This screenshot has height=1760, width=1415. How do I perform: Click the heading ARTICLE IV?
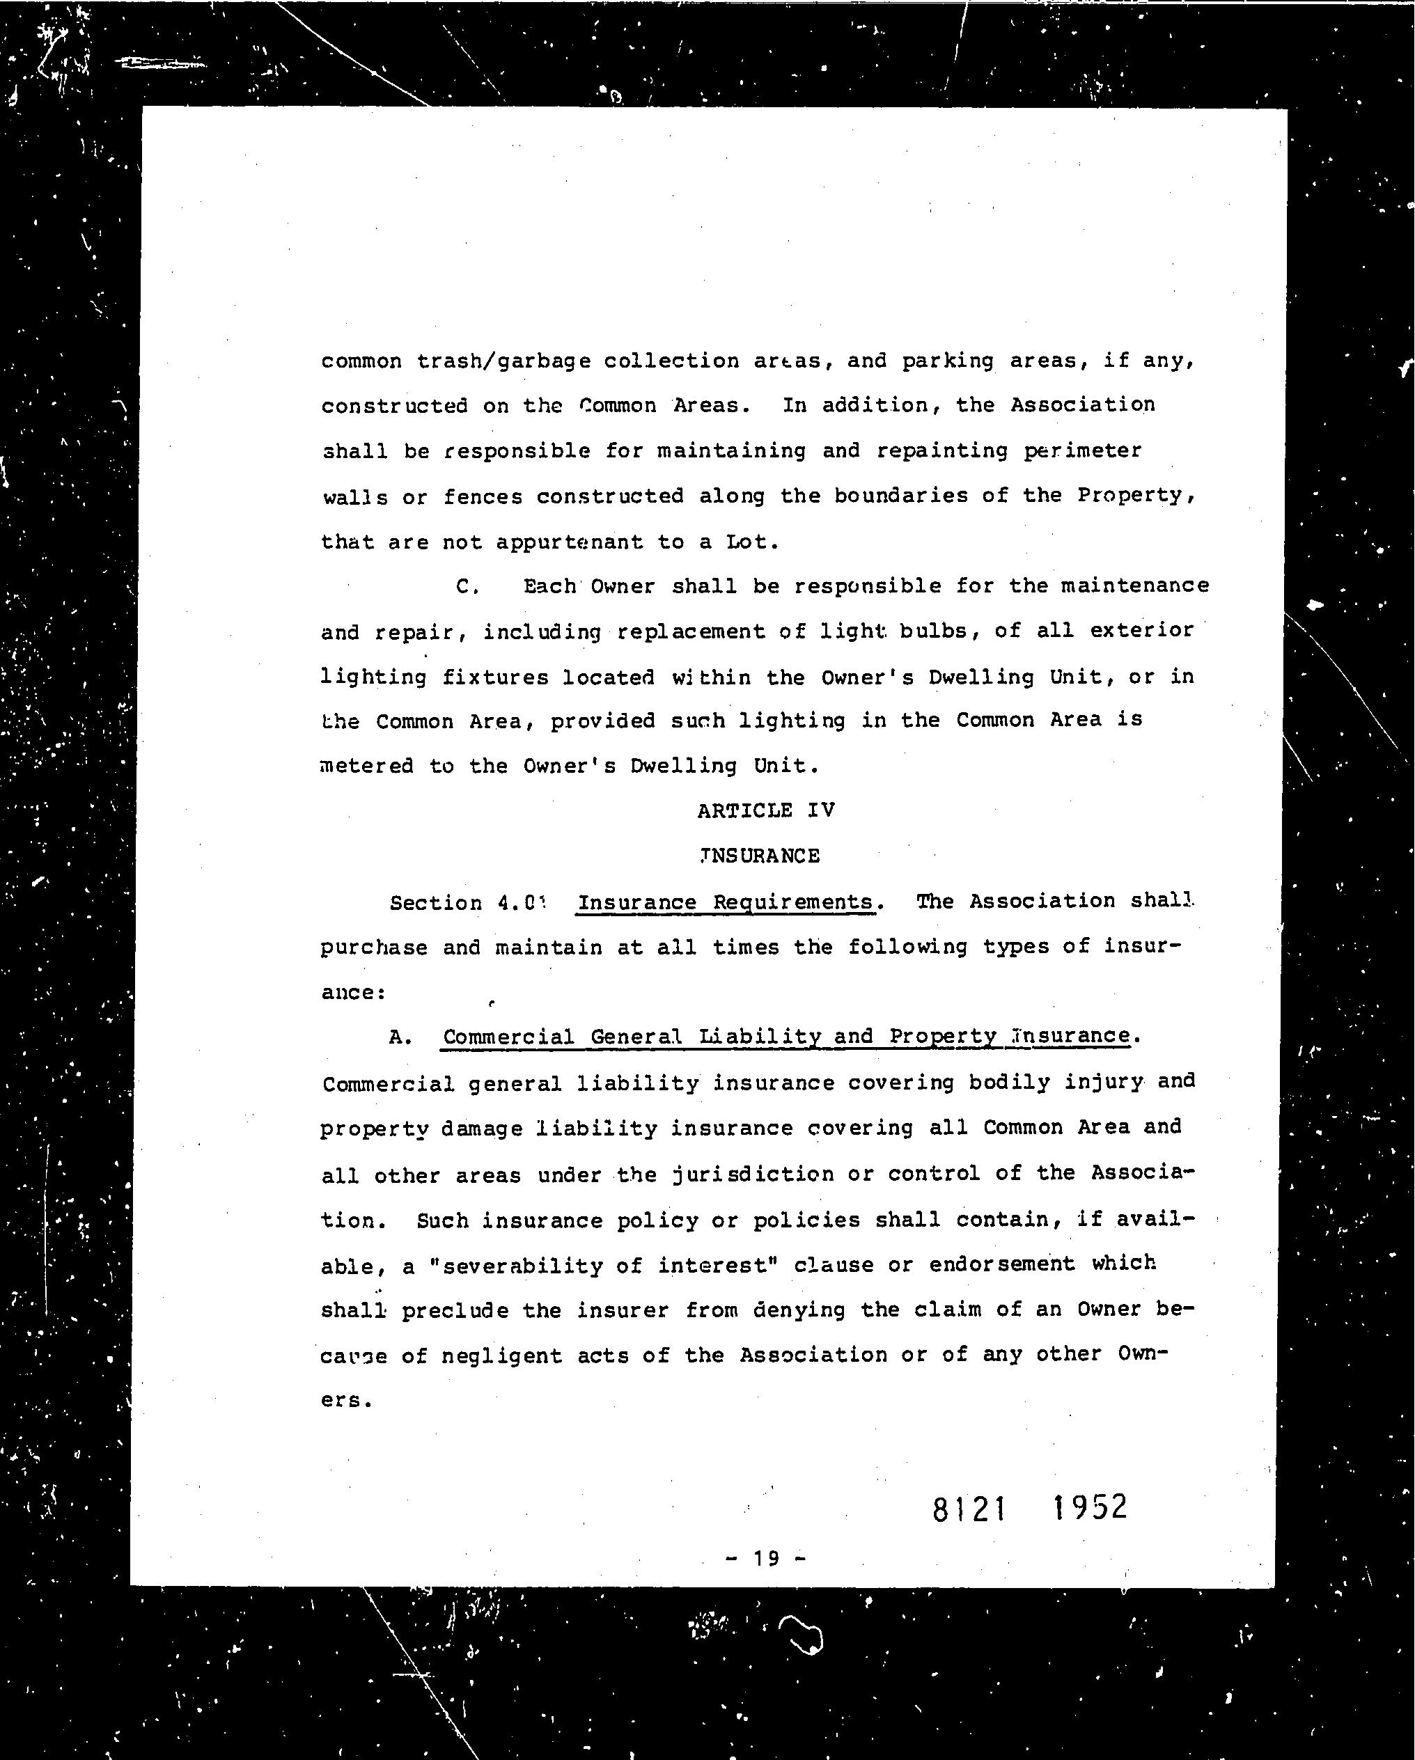765,810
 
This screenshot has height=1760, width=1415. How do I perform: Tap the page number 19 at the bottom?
766,1558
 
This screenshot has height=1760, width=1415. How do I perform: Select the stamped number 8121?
969,1509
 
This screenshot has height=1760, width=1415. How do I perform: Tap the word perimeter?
1083,450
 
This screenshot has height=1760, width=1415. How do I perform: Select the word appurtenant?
569,542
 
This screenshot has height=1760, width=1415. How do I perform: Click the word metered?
366,767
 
